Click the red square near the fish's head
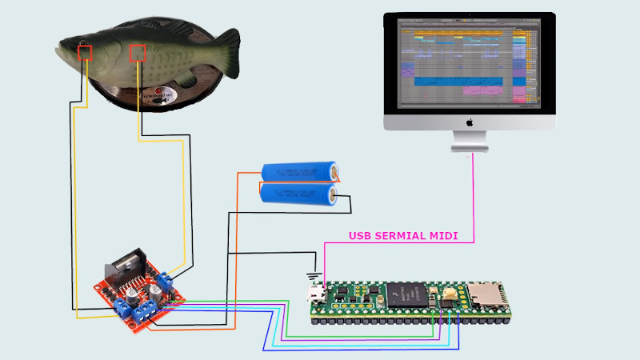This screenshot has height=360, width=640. click(84, 53)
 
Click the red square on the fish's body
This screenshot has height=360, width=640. click(138, 53)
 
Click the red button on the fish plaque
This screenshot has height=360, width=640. click(158, 94)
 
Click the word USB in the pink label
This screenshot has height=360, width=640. click(362, 236)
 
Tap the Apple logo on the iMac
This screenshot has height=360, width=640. click(470, 122)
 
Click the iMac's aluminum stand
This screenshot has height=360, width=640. click(470, 141)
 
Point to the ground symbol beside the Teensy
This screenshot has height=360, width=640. click(313, 278)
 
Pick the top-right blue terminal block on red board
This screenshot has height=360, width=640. click(166, 279)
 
